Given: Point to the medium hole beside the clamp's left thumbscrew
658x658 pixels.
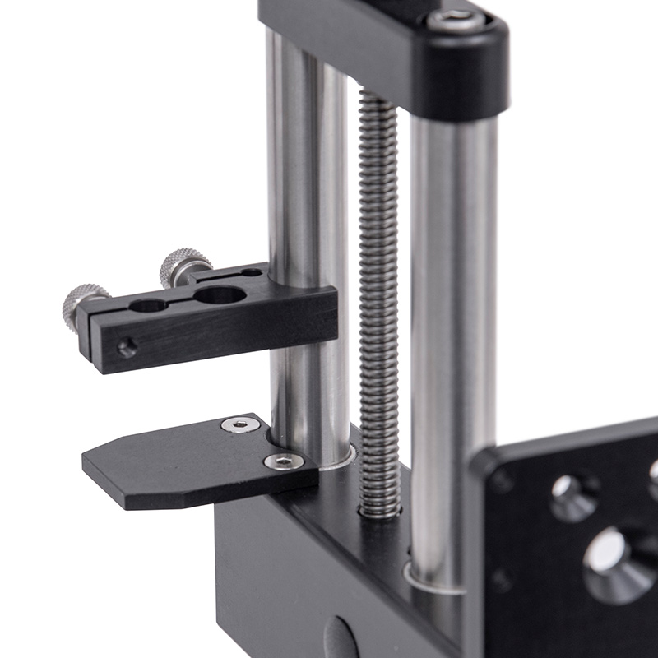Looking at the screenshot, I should tap(148, 306).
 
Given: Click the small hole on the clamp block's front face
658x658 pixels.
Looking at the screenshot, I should tap(127, 348).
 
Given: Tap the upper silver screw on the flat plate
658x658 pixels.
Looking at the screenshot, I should tap(240, 425).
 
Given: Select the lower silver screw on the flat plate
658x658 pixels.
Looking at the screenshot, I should tap(283, 461).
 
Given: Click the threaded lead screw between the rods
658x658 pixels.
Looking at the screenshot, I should tap(378, 288).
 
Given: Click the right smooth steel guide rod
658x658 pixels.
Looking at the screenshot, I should tap(452, 329).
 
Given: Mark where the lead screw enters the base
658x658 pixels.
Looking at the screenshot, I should tap(379, 511).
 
